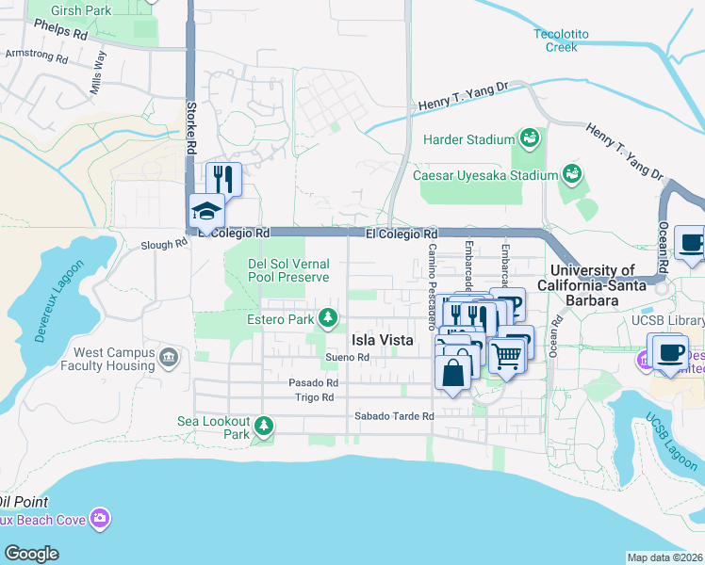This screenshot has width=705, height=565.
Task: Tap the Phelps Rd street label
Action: click(60, 30)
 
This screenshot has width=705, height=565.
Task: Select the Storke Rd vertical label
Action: click(191, 127)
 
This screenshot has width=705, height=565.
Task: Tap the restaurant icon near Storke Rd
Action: click(223, 178)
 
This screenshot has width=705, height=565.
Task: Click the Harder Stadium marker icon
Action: click(529, 139)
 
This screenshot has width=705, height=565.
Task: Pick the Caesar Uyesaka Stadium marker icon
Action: click(571, 174)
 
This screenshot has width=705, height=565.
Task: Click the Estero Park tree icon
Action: click(328, 319)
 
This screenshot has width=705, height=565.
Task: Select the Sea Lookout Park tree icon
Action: click(265, 428)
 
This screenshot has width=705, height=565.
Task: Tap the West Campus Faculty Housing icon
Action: click(169, 358)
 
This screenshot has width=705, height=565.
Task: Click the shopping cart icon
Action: click(507, 355)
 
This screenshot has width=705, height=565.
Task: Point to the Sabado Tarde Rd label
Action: click(393, 416)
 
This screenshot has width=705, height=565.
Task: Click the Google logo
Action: click(31, 553)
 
